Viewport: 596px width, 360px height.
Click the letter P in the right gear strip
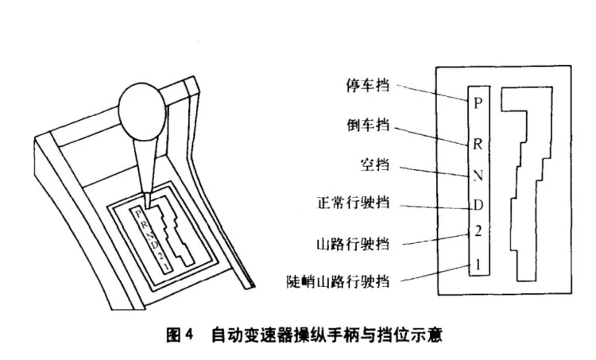(477, 103)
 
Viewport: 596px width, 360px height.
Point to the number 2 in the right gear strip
(477, 232)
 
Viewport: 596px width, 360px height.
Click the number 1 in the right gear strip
(477, 263)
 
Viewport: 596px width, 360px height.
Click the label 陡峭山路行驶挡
(343, 279)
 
